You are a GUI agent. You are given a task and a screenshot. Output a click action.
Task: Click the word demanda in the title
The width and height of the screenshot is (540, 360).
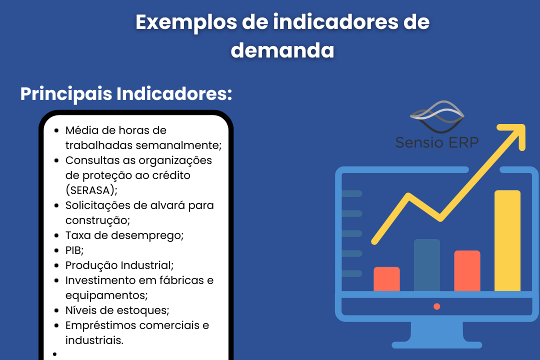[282, 50]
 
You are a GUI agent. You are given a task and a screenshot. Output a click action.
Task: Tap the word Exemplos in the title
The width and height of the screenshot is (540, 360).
[186, 23]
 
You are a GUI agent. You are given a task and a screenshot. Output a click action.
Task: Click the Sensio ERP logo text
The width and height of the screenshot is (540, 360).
[437, 142]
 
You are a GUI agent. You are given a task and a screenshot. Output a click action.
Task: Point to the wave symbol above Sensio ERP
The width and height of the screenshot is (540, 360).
[437, 117]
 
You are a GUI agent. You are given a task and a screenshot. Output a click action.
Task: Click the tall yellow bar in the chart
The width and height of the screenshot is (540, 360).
[507, 240]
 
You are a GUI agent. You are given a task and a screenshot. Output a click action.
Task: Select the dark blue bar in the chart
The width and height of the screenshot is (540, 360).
[427, 265]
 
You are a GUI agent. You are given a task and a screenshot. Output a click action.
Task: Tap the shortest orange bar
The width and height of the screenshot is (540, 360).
[386, 279]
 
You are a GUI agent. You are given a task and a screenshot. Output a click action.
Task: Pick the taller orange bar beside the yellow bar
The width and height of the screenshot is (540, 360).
[467, 271]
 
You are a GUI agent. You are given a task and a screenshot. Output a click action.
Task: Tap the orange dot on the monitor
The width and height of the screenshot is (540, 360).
[436, 306]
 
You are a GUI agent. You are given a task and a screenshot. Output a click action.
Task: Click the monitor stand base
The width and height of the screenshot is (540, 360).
[436, 345]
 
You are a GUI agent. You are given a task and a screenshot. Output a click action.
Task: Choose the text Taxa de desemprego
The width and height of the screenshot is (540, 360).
[124, 235]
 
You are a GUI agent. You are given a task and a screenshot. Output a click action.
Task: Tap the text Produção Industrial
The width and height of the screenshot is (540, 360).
[119, 265]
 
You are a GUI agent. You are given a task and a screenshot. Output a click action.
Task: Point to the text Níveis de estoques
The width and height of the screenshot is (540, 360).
[117, 310]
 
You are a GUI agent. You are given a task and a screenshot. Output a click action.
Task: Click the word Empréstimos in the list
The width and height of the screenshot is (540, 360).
[100, 325]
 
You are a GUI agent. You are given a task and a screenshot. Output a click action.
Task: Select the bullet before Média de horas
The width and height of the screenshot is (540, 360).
[56, 130]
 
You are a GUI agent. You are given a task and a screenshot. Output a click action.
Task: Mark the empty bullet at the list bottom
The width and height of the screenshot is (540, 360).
[55, 354]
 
